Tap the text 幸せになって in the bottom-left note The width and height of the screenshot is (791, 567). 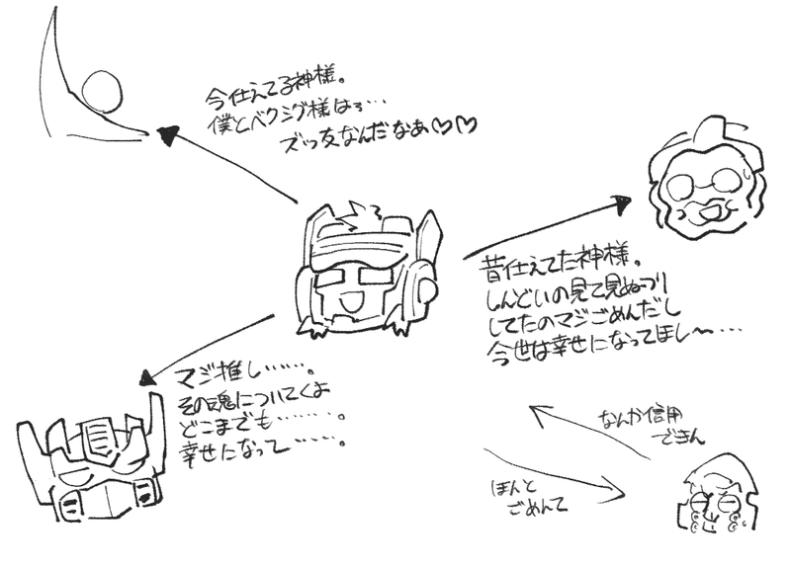(237, 452)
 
